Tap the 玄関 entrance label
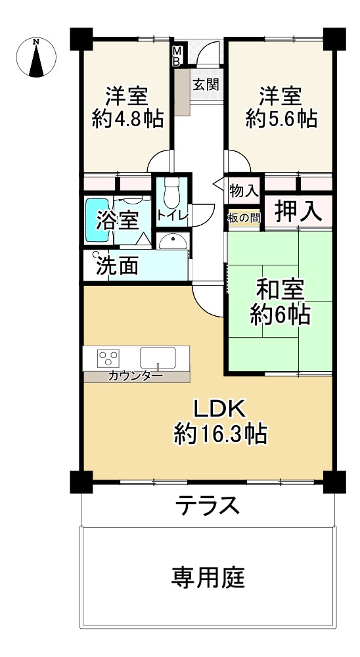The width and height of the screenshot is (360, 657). point(200,83)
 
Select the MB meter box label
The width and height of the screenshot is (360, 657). point(176,55)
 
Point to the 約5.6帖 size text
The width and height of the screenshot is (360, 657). point(281,119)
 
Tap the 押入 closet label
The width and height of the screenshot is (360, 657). point(298,212)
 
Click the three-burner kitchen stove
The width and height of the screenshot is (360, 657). point(109,358)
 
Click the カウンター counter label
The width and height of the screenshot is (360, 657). point(136,376)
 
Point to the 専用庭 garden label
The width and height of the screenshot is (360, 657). point(208,578)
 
